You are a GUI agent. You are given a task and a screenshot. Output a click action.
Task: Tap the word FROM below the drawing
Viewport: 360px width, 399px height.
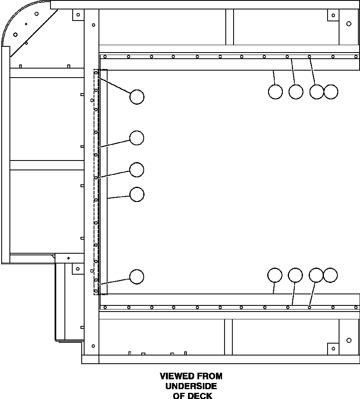tap(210, 376)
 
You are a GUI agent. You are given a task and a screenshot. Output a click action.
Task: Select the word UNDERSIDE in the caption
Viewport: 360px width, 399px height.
tap(191, 386)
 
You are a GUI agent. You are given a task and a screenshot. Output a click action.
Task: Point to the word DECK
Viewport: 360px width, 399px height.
tap(200, 396)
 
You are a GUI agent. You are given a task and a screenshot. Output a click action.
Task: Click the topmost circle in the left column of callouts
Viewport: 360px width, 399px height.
tap(137, 97)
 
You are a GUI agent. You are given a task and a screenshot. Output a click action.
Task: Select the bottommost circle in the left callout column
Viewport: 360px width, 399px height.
tap(137, 277)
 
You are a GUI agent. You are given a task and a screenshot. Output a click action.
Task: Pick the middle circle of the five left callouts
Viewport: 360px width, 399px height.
tap(137, 170)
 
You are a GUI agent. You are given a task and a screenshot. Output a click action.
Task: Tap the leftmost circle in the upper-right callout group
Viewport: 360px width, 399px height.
tap(275, 92)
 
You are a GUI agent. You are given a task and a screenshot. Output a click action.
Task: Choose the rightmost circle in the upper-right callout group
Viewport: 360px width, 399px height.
tap(331, 92)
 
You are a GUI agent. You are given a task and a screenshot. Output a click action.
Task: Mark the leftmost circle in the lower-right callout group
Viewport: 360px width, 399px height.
tap(275, 275)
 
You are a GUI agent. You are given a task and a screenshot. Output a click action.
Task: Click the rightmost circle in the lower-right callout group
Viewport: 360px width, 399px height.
tap(330, 275)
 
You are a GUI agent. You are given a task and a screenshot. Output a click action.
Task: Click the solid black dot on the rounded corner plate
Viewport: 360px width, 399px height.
tap(26, 24)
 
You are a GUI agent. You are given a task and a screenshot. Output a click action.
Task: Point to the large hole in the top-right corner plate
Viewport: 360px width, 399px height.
tap(349, 24)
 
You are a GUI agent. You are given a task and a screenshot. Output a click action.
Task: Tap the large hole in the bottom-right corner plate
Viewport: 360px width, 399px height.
tap(349, 340)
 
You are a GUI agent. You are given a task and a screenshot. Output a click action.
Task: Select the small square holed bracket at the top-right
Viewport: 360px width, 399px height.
tap(333, 15)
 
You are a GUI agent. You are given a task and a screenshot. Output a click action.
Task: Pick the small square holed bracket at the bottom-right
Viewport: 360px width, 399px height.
tap(333, 349)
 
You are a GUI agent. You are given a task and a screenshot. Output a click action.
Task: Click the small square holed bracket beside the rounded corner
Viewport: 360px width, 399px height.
tap(78, 15)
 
